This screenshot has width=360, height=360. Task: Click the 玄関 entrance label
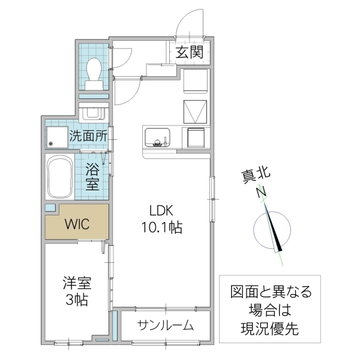[x=190, y=52]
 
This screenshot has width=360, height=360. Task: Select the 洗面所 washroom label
[x=88, y=136]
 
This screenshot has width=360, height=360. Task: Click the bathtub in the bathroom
[x=59, y=178]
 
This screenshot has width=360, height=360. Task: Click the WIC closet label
[x=77, y=224]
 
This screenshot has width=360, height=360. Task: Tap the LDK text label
[x=161, y=211]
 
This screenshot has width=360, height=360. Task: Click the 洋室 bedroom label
[x=76, y=282]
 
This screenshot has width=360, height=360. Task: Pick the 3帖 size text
[x=76, y=299]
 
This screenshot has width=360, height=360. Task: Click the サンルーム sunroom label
[x=165, y=326]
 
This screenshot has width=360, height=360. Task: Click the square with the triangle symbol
[x=196, y=112]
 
